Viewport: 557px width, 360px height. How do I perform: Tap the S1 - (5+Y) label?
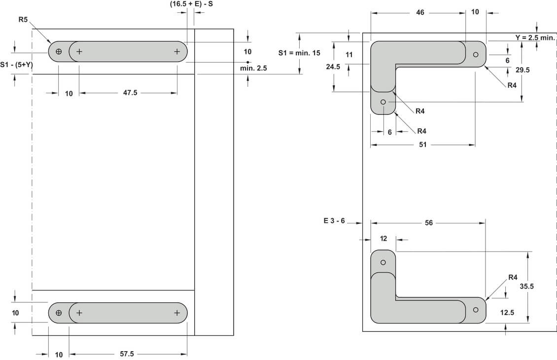tap(16, 64)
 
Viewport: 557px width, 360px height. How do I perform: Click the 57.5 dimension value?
tap(127, 354)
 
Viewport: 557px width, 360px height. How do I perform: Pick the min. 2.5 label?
tap(253, 69)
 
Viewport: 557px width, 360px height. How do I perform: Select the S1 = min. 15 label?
tap(299, 53)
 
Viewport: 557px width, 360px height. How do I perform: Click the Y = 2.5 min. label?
tap(535, 37)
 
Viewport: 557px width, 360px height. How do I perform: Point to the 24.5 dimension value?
tap(334, 67)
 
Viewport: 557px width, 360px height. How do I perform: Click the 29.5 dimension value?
tap(522, 70)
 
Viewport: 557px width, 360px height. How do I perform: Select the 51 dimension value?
tap(422, 145)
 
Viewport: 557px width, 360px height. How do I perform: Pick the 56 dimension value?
tap(428, 223)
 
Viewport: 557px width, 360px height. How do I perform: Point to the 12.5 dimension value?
tap(507, 312)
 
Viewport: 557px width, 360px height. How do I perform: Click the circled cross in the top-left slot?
tap(59, 51)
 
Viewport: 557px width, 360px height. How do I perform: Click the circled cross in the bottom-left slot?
tap(59, 313)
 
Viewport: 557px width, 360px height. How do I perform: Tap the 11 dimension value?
tap(349, 55)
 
